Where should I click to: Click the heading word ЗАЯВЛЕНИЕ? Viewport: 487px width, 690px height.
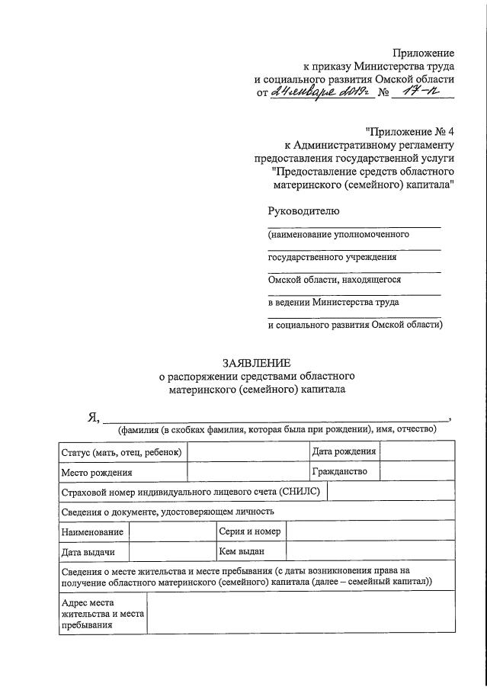pyautogui.click(x=256, y=362)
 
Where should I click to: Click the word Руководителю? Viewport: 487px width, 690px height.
pyautogui.click(x=303, y=211)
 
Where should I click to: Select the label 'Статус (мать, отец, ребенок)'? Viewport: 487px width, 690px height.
pyautogui.click(x=122, y=452)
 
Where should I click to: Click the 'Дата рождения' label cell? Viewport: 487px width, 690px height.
pyautogui.click(x=344, y=451)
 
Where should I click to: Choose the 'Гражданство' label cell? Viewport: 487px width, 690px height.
pyautogui.click(x=340, y=471)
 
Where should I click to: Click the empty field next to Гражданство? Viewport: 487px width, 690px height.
pyautogui.click(x=417, y=471)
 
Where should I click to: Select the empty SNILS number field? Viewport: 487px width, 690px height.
pyautogui.click(x=391, y=492)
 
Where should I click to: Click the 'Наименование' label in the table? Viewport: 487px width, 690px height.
pyautogui.click(x=93, y=531)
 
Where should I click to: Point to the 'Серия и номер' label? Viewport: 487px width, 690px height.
pyautogui.click(x=249, y=531)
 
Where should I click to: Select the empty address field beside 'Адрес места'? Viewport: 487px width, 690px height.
pyautogui.click(x=300, y=614)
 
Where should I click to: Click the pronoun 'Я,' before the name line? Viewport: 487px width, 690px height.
pyautogui.click(x=94, y=416)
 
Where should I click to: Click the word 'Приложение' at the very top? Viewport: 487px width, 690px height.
pyautogui.click(x=423, y=53)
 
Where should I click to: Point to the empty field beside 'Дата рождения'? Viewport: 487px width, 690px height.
pyautogui.click(x=417, y=451)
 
